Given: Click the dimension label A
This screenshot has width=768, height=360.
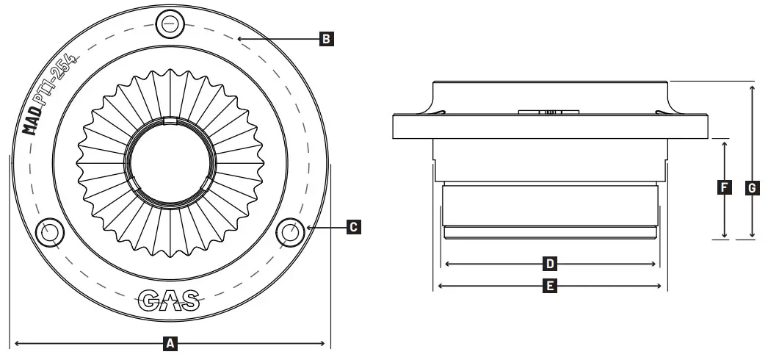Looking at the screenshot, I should coord(170,342).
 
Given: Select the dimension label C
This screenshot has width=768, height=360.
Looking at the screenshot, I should coord(353,228).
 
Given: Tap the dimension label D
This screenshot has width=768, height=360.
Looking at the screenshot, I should coord(548,263).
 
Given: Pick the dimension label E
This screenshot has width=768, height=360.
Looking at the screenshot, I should coord(548,286).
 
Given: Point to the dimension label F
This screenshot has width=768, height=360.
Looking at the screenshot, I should coord(724,188).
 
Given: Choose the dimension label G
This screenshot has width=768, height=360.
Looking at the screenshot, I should coord(752,188).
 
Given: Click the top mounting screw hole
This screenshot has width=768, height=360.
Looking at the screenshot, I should coord(170,23).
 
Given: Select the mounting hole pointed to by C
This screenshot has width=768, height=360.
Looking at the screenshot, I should coord(289,231).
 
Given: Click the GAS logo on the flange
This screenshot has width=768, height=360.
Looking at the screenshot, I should coord(169,300).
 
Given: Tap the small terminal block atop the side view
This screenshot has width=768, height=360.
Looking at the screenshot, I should coord(549,112).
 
